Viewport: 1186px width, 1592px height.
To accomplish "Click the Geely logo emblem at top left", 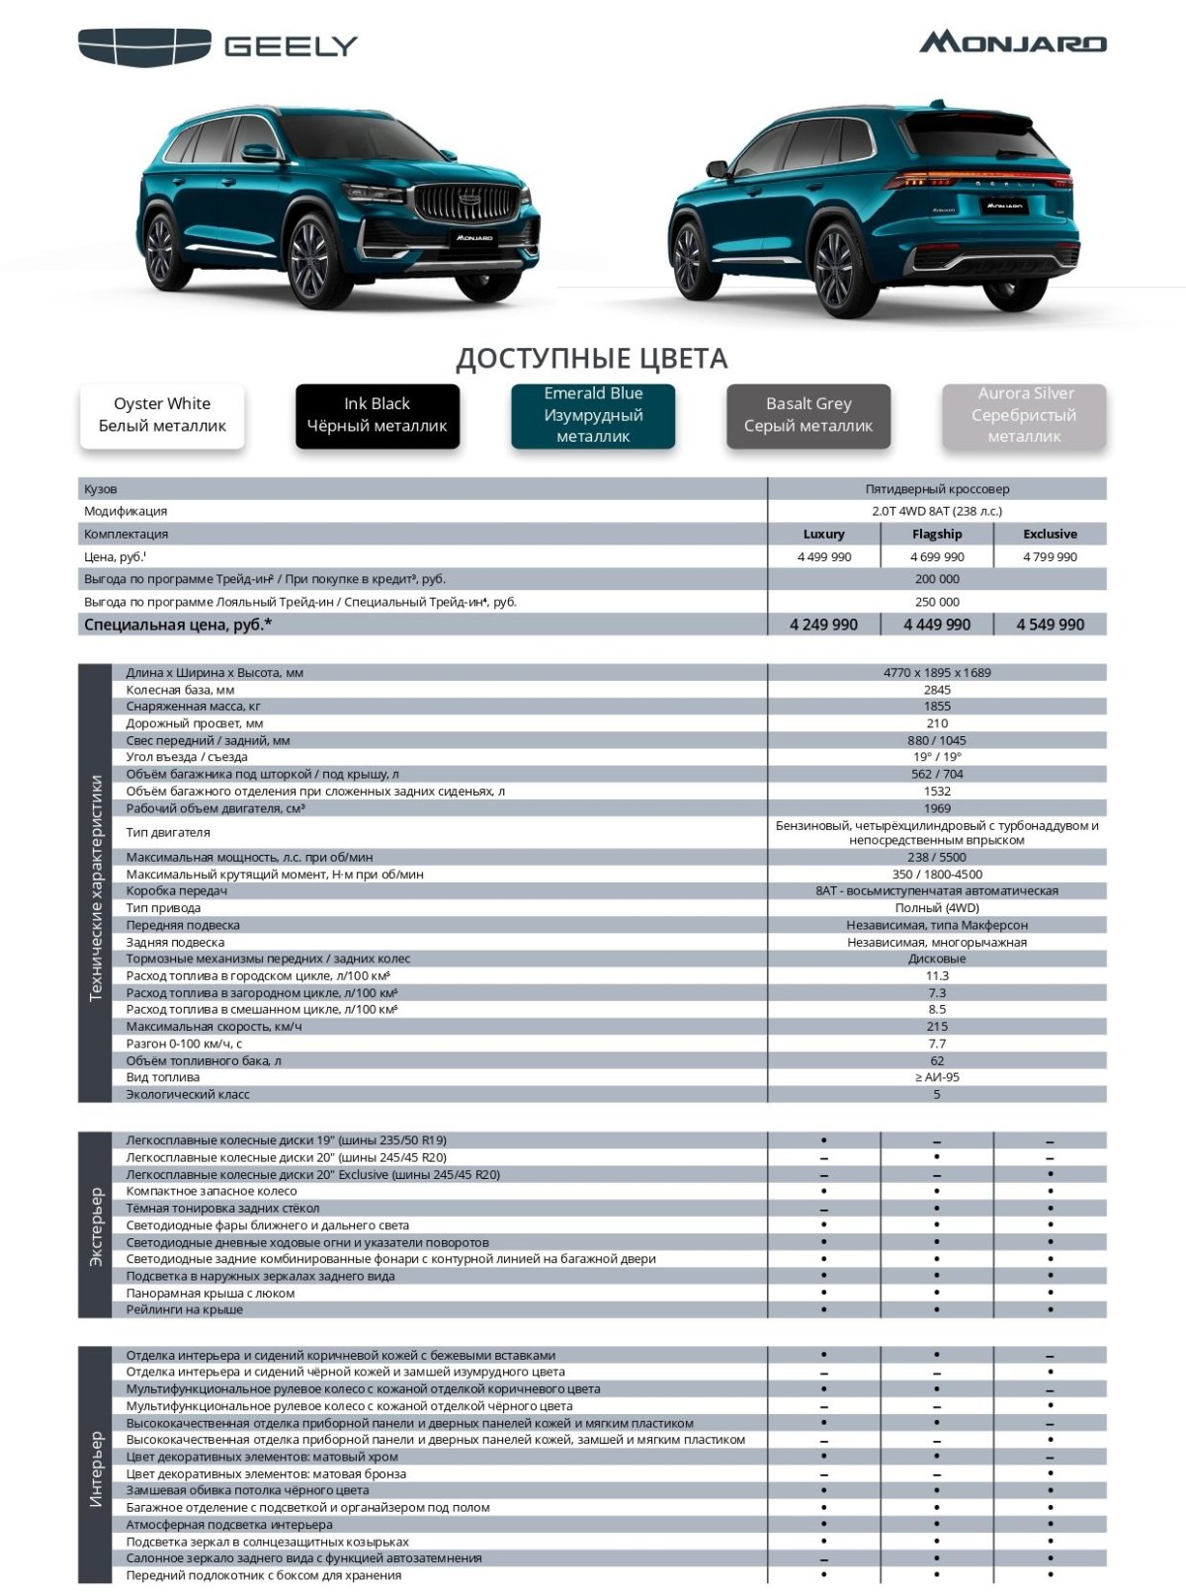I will click(144, 47).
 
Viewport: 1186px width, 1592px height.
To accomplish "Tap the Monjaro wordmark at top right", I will click(1013, 42).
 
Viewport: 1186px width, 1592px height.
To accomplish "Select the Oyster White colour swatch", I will click(162, 415).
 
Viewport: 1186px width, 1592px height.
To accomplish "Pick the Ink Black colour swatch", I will click(378, 415).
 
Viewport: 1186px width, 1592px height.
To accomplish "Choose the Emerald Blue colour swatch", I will click(593, 415).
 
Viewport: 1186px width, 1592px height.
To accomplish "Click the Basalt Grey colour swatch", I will click(808, 415).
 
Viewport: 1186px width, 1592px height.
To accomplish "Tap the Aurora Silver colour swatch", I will click(1024, 415).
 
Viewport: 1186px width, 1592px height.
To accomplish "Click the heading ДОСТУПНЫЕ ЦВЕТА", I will click(591, 358).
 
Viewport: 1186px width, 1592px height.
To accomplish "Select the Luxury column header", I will click(823, 534).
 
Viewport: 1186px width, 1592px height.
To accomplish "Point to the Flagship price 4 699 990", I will click(937, 556).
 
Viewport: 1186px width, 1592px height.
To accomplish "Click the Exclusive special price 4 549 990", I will click(1050, 625).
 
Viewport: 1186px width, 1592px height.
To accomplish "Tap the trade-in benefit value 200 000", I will click(937, 579).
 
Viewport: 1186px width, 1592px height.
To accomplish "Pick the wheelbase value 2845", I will click(937, 690).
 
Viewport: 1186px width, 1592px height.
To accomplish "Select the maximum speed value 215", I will click(937, 1027).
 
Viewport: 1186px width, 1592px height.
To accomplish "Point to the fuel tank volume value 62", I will click(937, 1060).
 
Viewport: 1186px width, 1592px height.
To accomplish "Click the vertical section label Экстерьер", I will click(96, 1225).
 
